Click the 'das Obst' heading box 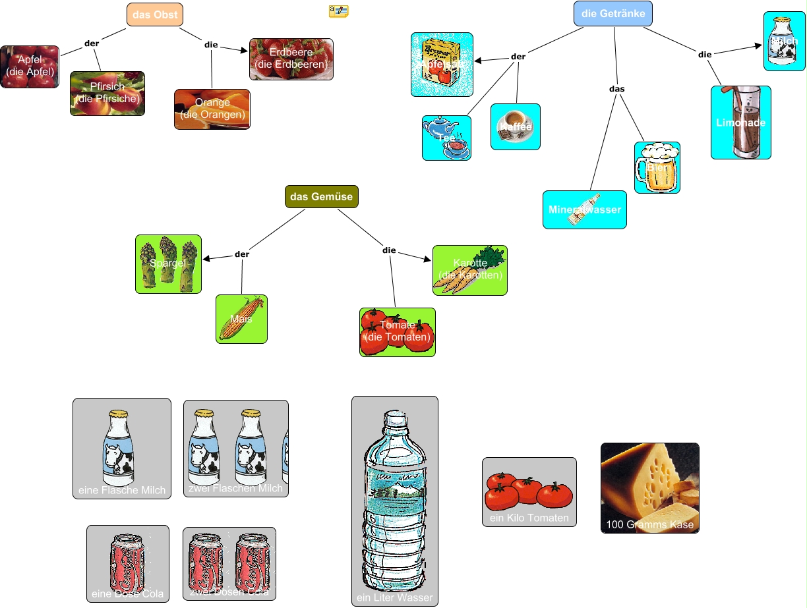tap(154, 15)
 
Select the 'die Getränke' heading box tap(613, 14)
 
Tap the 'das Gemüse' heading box tap(321, 196)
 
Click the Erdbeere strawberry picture tap(291, 59)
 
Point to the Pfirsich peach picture tap(107, 94)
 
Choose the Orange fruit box tap(212, 109)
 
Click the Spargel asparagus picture tap(168, 263)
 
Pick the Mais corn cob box tap(241, 319)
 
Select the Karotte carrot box tap(469, 270)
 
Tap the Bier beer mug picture tap(657, 167)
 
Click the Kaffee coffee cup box tap(515, 126)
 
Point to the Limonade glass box tap(740, 123)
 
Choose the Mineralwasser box tap(584, 209)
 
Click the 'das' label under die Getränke tap(616, 88)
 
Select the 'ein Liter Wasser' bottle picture tap(394, 501)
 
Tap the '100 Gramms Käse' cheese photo tap(649, 487)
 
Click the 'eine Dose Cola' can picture tap(127, 564)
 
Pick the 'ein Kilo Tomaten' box tap(529, 492)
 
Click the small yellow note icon tap(338, 11)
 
